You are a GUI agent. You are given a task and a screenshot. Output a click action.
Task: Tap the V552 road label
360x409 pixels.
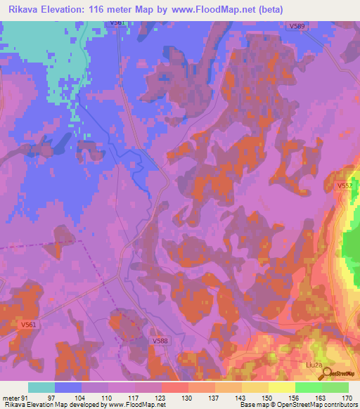point(344,186)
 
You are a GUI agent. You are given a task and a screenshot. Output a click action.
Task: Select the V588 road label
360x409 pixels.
point(161,340)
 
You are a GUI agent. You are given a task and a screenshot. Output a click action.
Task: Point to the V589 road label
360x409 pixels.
point(297,27)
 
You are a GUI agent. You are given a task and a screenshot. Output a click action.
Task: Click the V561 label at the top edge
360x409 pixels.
point(117,23)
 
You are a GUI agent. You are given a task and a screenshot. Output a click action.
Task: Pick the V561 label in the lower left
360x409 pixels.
point(28,325)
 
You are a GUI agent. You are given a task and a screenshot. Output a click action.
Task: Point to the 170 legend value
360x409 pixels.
point(345,397)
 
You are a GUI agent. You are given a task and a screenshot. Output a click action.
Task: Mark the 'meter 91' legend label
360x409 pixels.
point(15,397)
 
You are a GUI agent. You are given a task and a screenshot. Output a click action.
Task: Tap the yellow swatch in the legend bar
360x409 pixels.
point(282,387)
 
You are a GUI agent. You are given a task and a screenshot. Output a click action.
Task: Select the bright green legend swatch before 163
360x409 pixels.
point(309,387)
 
